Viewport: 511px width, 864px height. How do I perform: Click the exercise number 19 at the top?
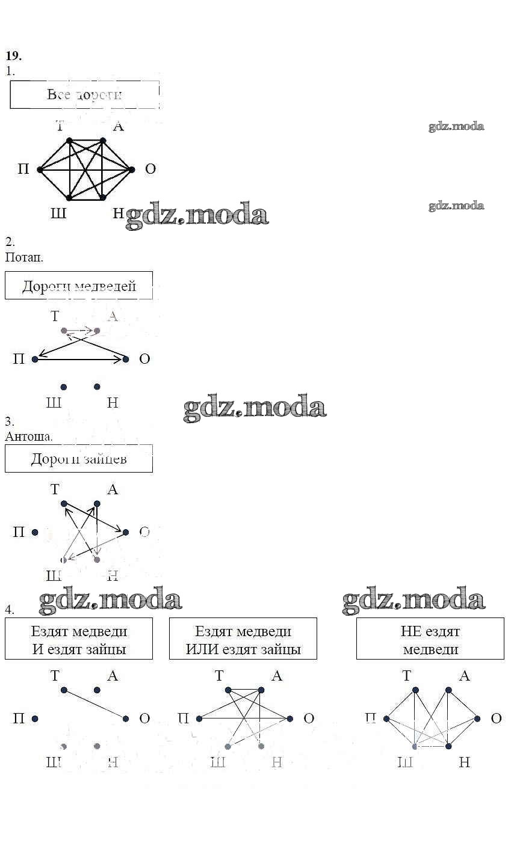coord(13,56)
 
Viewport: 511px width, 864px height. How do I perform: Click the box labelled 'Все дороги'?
coord(85,94)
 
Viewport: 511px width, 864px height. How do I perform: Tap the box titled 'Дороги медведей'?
coord(79,286)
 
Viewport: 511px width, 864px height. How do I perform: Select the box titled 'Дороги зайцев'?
coord(79,459)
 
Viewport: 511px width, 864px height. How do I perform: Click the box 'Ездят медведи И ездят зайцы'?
coord(79,640)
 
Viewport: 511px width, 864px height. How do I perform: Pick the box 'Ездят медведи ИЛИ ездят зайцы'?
coord(243,640)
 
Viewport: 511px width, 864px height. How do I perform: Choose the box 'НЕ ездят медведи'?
coord(430,640)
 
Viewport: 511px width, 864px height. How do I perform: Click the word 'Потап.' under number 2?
coord(24,257)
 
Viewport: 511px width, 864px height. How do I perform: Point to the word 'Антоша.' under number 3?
coord(29,436)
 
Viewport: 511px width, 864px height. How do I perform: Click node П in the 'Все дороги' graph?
coord(40,170)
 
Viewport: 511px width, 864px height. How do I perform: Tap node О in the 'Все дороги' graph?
coord(132,170)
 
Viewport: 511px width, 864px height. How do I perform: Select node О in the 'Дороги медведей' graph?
coord(126,359)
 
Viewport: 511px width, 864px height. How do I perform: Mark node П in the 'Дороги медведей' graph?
coord(35,359)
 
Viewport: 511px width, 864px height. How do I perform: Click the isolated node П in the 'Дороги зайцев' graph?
coord(35,532)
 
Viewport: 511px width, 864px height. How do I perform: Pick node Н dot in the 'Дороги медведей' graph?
coord(97,387)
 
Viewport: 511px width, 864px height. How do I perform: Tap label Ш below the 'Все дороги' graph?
coord(58,213)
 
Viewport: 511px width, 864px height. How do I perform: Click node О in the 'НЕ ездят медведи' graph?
coord(477,718)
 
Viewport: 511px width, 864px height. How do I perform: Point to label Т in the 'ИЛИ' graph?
coord(219,676)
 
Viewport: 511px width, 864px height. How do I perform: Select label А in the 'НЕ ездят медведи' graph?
coord(464,676)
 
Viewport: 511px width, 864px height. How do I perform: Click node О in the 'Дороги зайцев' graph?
coord(126,532)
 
